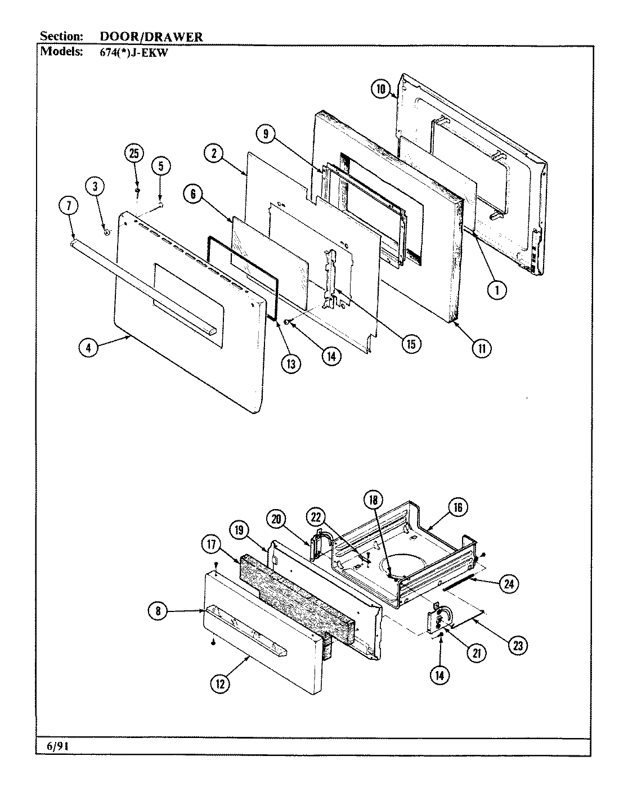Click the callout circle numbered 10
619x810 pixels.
point(381,88)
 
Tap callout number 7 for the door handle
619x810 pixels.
point(68,207)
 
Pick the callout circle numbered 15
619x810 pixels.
point(411,344)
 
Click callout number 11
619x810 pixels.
point(482,348)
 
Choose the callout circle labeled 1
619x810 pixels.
point(496,289)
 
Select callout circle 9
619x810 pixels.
point(265,134)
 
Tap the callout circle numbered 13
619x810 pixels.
point(290,363)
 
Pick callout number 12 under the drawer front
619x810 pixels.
point(220,683)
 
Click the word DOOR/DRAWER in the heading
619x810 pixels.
point(151,37)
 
